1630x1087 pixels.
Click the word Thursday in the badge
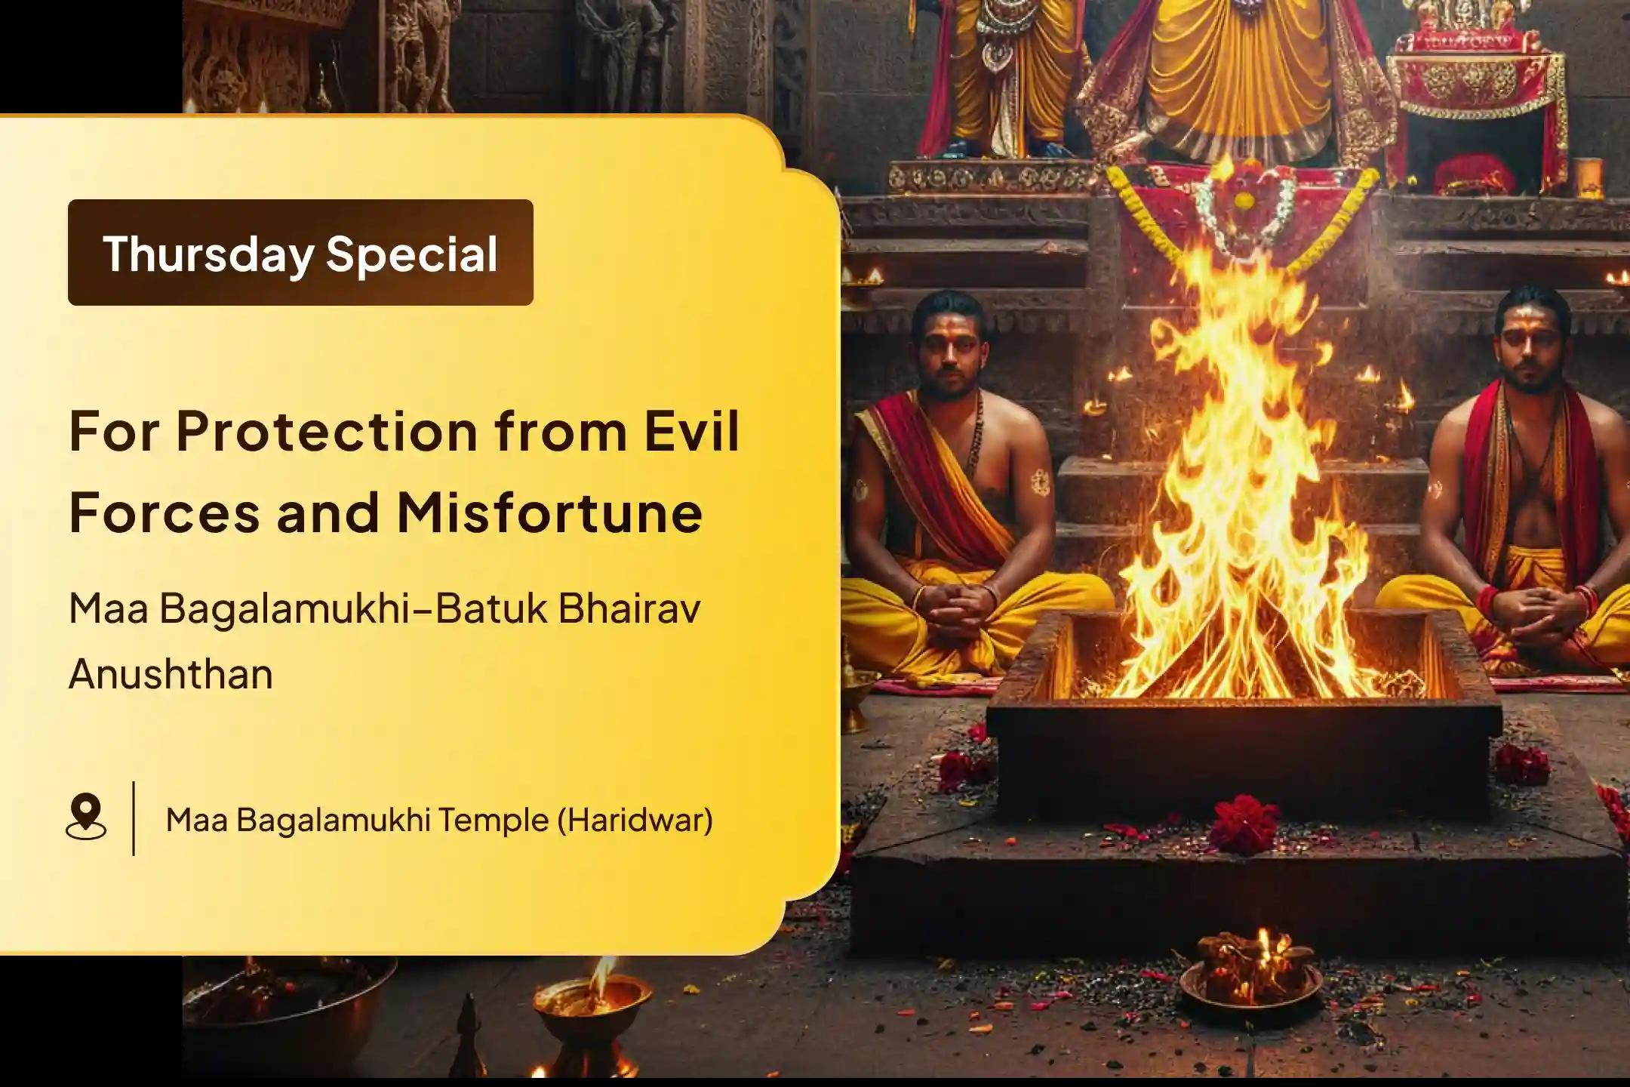point(208,254)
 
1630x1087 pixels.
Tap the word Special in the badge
point(412,254)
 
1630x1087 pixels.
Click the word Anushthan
point(171,674)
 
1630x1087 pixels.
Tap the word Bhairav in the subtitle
point(629,608)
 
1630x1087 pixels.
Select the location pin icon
point(86,816)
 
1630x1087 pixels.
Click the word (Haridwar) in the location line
point(635,820)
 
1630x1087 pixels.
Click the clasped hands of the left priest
point(957,603)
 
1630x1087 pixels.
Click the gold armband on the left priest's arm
point(1041,480)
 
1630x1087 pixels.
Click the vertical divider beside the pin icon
point(134,818)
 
